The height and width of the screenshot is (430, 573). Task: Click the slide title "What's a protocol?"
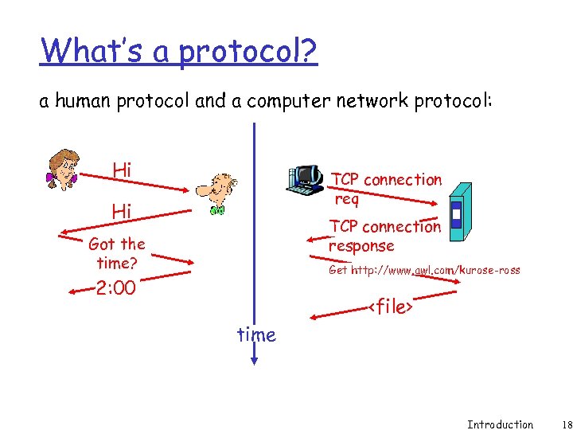click(179, 51)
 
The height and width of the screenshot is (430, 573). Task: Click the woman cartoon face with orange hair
click(62, 168)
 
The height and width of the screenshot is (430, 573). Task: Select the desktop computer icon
click(306, 180)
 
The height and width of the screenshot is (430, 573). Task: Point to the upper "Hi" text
click(122, 170)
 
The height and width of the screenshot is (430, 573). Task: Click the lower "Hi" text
click(122, 211)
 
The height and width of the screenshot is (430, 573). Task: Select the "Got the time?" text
click(117, 252)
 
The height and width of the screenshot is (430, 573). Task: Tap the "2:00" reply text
click(115, 288)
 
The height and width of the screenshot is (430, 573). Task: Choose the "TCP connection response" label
click(384, 236)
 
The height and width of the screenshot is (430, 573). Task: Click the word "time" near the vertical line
click(256, 335)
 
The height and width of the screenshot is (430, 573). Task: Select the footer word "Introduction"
click(500, 424)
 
